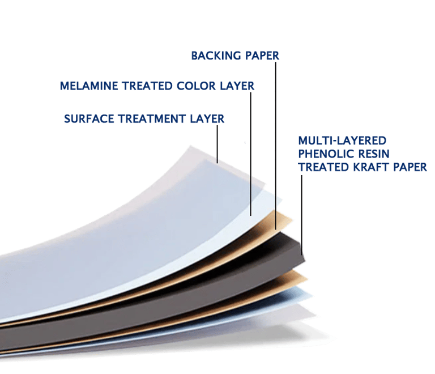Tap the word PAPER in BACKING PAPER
tap(262, 56)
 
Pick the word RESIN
tap(373, 154)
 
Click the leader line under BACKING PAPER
tap(276, 142)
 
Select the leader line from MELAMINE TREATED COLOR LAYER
tap(250, 153)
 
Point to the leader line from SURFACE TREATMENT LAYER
tap(217, 142)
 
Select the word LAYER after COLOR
tap(238, 86)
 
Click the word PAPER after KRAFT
tap(410, 167)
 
